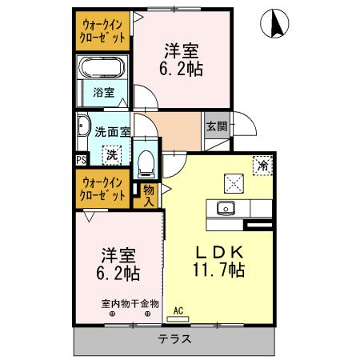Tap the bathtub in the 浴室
tap(102, 70)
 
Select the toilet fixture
tap(146, 163)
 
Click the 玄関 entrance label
tap(215, 126)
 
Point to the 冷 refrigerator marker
tap(262, 165)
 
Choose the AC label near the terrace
tap(178, 311)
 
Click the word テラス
tap(175, 339)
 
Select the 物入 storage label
tap(150, 194)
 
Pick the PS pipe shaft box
tap(81, 159)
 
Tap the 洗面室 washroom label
tap(108, 132)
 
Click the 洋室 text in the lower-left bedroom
tap(118, 255)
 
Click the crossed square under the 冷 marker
tap(235, 182)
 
